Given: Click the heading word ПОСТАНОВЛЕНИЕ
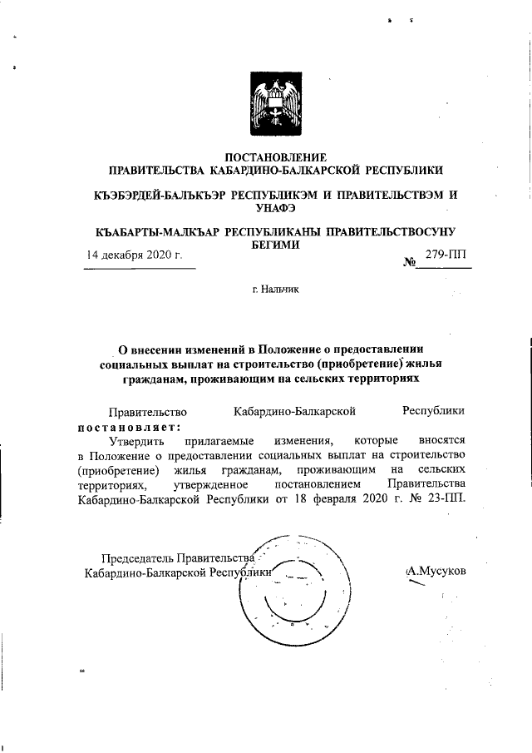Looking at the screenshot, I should (x=277, y=157).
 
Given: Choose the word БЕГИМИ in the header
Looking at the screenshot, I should (x=276, y=245).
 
